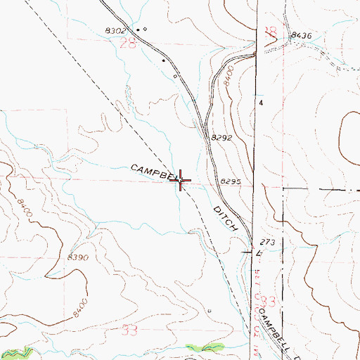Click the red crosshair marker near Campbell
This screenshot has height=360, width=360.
[181, 181]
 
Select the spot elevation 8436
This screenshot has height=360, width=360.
[300, 34]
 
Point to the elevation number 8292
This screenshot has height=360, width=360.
[222, 139]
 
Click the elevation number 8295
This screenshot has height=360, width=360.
[231, 181]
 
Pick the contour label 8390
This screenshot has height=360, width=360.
[77, 258]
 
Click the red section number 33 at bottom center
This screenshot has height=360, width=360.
[128, 328]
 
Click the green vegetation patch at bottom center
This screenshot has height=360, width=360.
[205, 347]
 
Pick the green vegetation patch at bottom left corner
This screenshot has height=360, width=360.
[19, 351]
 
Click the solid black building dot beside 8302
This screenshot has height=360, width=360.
[138, 30]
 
